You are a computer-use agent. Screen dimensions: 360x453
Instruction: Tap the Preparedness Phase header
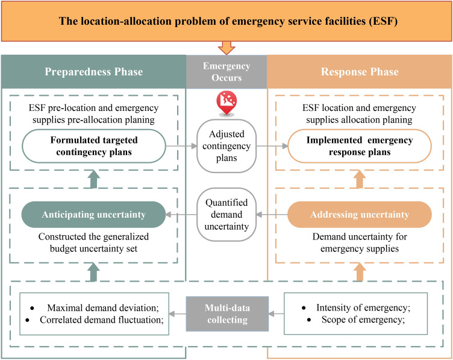(93, 71)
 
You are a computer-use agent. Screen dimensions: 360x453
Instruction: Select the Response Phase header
(359, 71)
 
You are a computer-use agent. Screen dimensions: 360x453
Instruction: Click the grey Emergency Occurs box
(226, 71)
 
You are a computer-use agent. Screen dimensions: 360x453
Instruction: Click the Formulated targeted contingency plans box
(93, 147)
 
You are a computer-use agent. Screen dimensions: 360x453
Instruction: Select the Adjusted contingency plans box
(226, 147)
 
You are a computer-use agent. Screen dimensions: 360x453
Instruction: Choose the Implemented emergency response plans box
(360, 147)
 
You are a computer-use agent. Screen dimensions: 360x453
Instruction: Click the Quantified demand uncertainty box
(226, 214)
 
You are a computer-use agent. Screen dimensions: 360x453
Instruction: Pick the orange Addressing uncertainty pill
(360, 214)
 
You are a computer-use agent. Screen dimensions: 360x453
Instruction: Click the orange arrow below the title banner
(226, 48)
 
